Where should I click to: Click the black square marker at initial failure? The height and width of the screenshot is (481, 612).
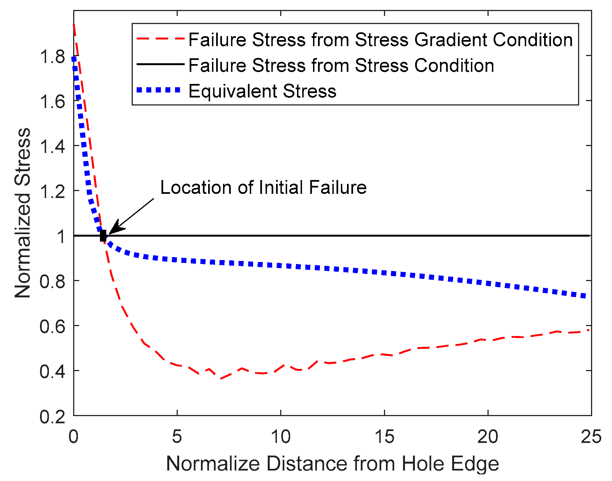pyautogui.click(x=103, y=236)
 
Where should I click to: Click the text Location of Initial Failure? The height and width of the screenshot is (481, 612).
pyautogui.click(x=263, y=187)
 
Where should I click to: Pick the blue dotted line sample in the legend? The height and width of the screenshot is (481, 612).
pyautogui.click(x=158, y=90)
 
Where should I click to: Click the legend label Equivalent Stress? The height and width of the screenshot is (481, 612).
pyautogui.click(x=262, y=91)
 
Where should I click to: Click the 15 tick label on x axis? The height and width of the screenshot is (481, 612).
pyautogui.click(x=384, y=437)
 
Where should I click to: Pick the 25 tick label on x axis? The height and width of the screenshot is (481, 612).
pyautogui.click(x=591, y=437)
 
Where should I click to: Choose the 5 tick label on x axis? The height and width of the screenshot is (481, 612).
pyautogui.click(x=177, y=437)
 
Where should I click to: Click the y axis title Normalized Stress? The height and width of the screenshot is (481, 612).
pyautogui.click(x=23, y=213)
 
